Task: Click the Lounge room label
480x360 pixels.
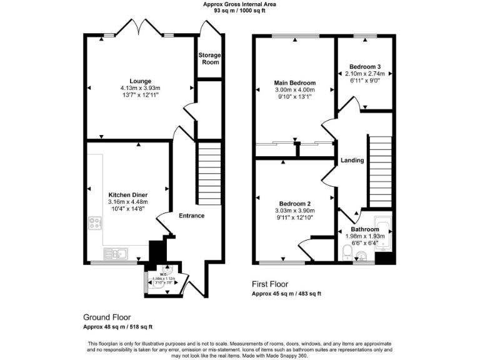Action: (140, 81)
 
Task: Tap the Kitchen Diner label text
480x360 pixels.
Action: (127, 194)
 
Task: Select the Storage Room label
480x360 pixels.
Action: (209, 59)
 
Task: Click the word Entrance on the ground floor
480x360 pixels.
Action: (191, 216)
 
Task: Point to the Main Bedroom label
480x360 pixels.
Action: (295, 82)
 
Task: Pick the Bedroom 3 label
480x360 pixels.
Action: (365, 66)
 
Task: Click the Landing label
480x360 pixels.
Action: (352, 161)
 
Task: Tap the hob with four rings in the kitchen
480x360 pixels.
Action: (96, 222)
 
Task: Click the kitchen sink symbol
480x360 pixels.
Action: (116, 254)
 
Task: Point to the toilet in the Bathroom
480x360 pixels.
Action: (348, 252)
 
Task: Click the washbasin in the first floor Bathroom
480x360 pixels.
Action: (362, 254)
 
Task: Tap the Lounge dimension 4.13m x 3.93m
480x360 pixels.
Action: (140, 88)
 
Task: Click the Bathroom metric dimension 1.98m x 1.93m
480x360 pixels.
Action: (365, 236)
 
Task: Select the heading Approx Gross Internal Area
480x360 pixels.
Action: (239, 4)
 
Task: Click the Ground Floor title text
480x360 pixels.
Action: (107, 317)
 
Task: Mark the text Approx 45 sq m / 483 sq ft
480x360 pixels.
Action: (286, 293)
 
